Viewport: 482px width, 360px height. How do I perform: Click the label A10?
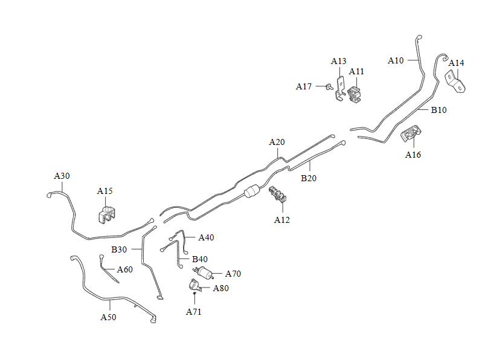pos(396,60)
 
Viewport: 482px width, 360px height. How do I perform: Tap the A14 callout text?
pos(456,63)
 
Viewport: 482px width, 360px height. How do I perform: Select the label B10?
pos(439,110)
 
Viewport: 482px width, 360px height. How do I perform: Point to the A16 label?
pos(413,155)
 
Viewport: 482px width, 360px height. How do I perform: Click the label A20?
pos(277,142)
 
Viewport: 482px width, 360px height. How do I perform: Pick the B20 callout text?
pos(309,178)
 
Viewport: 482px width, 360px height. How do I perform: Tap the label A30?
pos(62,176)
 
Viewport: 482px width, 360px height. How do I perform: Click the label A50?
pos(108,317)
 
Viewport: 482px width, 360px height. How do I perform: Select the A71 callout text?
pos(194,312)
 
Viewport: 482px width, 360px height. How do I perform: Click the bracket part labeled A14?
pos(455,82)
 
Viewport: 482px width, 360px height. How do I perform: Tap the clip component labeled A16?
pos(410,133)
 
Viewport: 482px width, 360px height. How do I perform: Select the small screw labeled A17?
pos(330,87)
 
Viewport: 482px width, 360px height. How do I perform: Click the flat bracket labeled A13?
pos(339,89)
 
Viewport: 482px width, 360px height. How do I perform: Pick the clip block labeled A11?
pos(354,94)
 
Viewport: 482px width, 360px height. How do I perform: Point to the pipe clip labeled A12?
pos(277,194)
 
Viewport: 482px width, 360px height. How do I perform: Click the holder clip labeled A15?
pos(107,214)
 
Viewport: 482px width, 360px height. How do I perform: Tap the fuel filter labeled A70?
pos(204,272)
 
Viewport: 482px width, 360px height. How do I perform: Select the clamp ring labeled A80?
pos(195,285)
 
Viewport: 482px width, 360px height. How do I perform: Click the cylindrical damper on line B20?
pos(252,191)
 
